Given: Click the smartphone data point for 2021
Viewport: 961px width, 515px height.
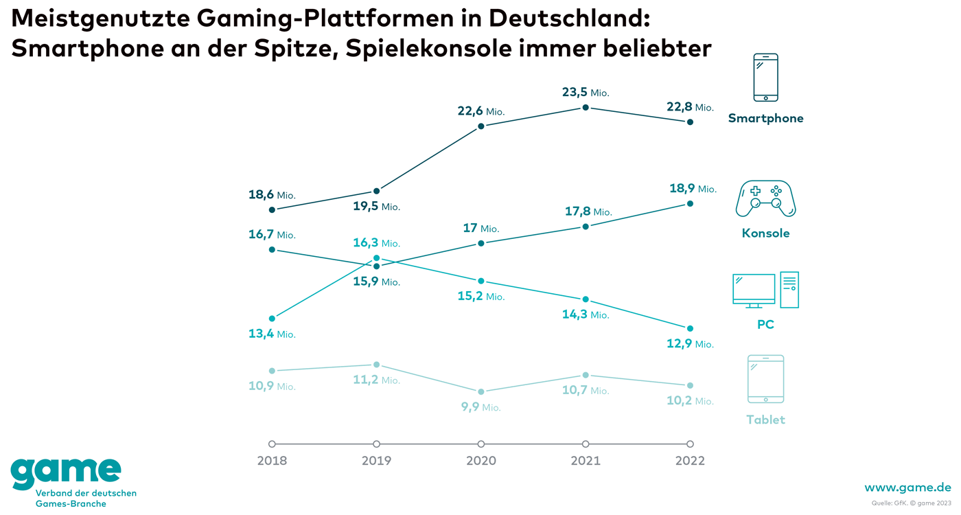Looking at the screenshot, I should (586, 107).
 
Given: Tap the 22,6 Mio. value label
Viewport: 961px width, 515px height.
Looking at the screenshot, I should (481, 111).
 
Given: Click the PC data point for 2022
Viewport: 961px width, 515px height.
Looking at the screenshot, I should (690, 328).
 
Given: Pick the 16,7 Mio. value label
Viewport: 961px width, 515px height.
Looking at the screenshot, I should (272, 235).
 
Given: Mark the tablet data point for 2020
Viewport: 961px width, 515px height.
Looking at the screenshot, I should (481, 391).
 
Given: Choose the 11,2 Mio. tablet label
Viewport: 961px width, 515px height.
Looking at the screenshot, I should (376, 380).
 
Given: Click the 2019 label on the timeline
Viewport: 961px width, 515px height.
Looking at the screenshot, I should (376, 461).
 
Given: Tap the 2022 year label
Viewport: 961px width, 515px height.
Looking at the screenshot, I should (690, 461).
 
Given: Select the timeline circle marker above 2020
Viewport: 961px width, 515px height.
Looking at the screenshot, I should (481, 444).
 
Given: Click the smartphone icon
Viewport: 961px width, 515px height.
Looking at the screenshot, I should (765, 78).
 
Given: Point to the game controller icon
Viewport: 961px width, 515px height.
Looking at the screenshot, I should (765, 198).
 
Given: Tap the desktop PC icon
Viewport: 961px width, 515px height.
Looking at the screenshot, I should (765, 290).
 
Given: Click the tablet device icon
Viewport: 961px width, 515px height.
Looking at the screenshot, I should (765, 379).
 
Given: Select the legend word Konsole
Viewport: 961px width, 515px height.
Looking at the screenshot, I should (765, 233).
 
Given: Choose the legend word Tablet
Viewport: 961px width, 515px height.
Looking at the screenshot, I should (765, 420).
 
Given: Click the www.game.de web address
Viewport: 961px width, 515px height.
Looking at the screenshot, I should (907, 488).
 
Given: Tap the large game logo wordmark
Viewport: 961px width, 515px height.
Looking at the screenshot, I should (66, 470).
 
